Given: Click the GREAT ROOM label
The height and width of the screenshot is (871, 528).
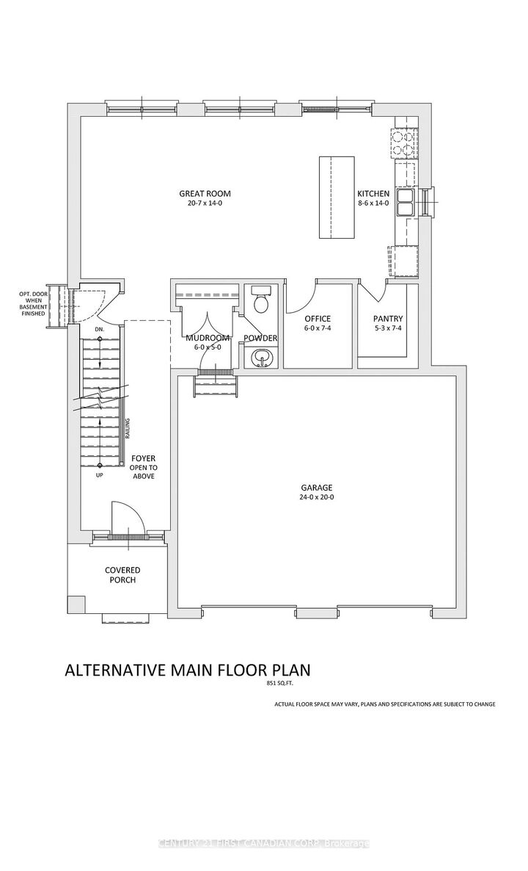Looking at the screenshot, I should click(200, 194).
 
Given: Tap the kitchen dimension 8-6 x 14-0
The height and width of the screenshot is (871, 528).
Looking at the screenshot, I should click(373, 203).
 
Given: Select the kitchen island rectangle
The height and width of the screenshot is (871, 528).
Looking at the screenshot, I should click(337, 197).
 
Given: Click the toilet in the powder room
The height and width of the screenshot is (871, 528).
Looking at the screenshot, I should click(260, 302).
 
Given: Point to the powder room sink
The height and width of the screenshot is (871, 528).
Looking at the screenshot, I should click(260, 358).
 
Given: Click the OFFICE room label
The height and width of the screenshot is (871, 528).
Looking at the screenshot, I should click(318, 319).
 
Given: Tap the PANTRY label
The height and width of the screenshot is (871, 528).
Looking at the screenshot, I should click(388, 319).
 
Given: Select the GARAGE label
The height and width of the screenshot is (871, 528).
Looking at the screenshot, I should click(316, 488).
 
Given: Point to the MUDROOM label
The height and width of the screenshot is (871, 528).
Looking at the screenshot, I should click(208, 338).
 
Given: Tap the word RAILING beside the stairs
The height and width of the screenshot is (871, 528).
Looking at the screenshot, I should click(128, 428).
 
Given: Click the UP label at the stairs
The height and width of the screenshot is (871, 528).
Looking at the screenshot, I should click(99, 476).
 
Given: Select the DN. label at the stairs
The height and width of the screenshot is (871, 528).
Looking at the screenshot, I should click(100, 330).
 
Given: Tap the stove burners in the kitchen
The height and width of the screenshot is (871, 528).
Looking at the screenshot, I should click(404, 142).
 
